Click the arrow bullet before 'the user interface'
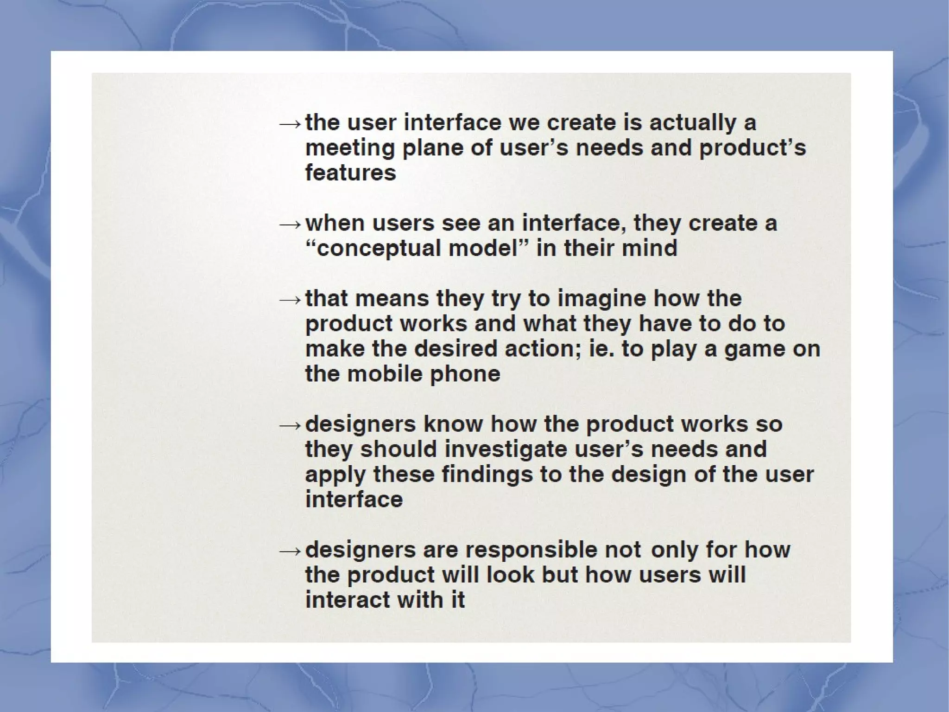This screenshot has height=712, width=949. (x=290, y=124)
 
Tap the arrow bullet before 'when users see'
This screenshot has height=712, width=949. (x=290, y=225)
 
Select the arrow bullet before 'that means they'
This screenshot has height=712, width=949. (x=290, y=300)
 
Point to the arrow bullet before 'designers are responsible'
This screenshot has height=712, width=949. (x=290, y=551)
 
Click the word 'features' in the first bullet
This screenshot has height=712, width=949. (x=350, y=173)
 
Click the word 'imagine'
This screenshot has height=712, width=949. (x=601, y=299)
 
